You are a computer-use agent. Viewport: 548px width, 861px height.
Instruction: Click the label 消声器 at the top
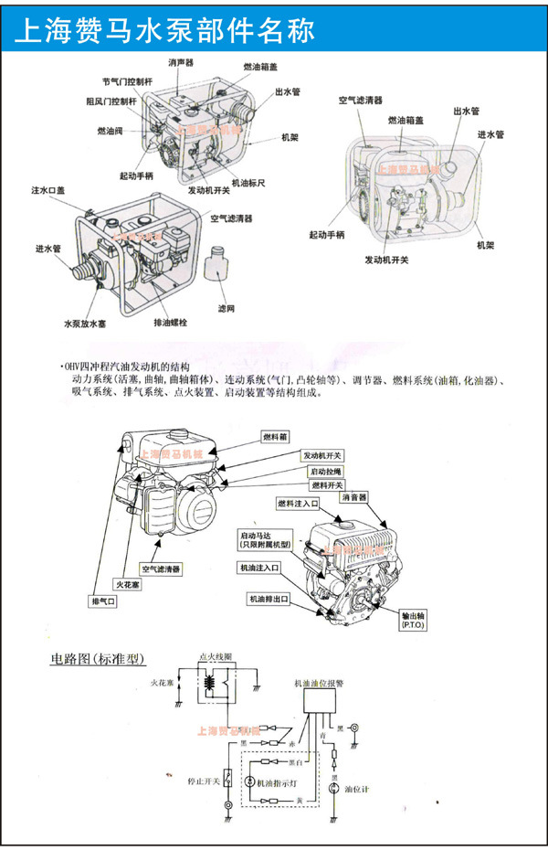[x=182, y=62]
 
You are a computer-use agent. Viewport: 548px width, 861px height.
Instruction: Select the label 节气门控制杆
[x=128, y=82]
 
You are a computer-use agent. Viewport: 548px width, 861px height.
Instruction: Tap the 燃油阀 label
[x=111, y=132]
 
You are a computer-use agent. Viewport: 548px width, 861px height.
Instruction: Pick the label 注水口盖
[x=48, y=190]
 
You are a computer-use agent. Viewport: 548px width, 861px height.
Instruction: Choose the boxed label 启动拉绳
[x=326, y=471]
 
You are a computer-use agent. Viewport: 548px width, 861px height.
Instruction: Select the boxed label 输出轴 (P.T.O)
[x=417, y=620]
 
